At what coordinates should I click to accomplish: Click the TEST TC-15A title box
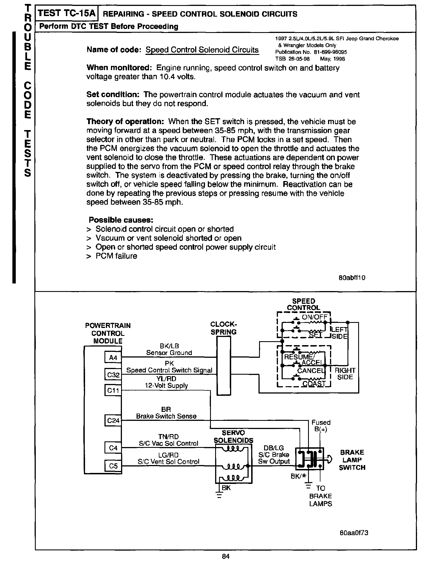tap(66, 14)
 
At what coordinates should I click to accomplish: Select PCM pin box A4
tap(113, 358)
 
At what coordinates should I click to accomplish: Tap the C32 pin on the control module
tap(113, 375)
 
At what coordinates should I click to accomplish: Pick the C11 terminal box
tap(113, 390)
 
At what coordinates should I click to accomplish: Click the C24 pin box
tap(113, 421)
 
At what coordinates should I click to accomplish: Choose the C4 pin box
tap(113, 448)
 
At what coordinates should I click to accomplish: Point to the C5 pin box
tap(113, 466)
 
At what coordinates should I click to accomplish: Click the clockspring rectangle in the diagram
tap(224, 366)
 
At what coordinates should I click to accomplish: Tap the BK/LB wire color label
tap(169, 346)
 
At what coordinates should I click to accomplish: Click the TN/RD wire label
tap(168, 437)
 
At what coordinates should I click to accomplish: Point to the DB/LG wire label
tap(273, 448)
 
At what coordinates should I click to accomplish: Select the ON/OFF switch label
tap(315, 317)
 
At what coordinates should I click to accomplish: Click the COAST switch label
tap(314, 384)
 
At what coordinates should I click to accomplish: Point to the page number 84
tap(226, 556)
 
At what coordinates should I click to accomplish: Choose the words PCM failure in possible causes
tap(116, 256)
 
